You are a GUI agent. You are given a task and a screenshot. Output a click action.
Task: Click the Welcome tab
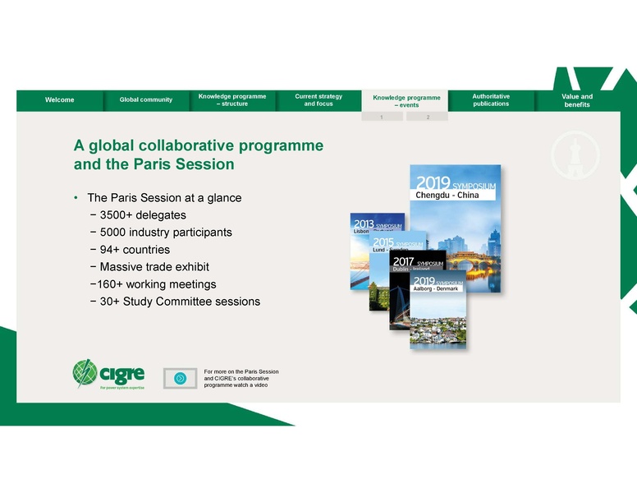click(x=60, y=100)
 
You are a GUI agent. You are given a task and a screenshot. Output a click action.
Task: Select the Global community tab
click(x=146, y=100)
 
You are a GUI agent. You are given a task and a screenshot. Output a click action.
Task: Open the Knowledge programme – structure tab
click(x=232, y=100)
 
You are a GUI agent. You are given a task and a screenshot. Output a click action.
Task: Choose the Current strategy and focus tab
click(x=318, y=100)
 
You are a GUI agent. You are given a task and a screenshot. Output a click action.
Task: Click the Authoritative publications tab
click(x=491, y=100)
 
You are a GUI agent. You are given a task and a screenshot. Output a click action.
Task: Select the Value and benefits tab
click(x=576, y=100)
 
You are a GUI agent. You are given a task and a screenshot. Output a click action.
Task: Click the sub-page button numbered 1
click(x=382, y=117)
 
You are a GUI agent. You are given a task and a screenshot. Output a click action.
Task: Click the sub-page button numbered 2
click(x=428, y=117)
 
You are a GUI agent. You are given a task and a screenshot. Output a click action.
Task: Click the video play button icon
click(x=180, y=378)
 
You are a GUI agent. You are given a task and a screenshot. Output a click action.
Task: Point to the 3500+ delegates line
click(x=144, y=215)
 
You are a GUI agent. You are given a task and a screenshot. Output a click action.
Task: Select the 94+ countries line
click(x=135, y=250)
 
